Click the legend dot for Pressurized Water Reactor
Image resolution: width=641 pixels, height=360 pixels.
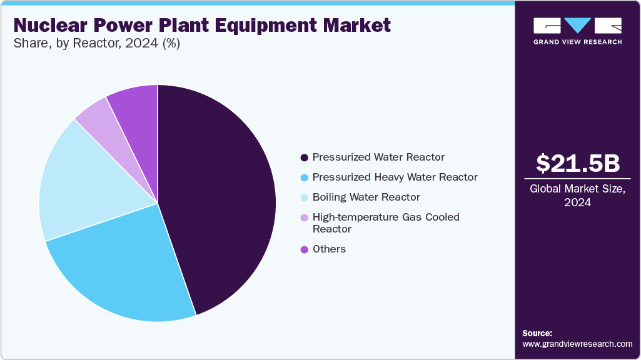(304, 157)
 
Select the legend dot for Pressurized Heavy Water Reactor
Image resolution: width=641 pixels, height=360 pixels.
(304, 177)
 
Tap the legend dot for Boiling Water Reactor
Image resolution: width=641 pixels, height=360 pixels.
(304, 197)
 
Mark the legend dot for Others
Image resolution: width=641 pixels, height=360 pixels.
(304, 249)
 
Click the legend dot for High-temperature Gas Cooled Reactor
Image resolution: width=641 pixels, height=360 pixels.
(304, 217)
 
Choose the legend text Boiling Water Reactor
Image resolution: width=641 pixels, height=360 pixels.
(366, 197)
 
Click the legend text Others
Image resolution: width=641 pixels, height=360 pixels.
(329, 249)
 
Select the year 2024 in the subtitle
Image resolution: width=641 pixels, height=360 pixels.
(141, 43)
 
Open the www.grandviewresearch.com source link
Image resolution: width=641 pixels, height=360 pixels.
(577, 344)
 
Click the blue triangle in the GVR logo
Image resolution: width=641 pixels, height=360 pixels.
(578, 24)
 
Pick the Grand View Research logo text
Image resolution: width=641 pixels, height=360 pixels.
(578, 42)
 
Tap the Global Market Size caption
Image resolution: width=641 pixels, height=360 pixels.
(578, 196)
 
